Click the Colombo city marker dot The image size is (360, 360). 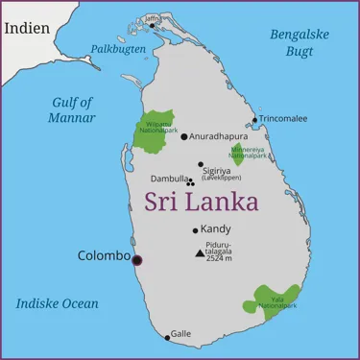pos(136,259)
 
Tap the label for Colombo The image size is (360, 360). pos(103,256)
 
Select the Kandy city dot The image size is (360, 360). pos(195,230)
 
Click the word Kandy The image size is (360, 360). pos(216,229)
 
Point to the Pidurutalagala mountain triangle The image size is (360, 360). pos(199,253)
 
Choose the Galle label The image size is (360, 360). pos(180,334)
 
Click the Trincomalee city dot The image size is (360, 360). pos(254,120)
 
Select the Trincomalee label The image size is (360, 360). pos(283,119)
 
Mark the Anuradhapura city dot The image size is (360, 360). pos(184,136)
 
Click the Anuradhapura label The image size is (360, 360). pos(218,136)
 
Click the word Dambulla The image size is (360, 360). pos(169,179)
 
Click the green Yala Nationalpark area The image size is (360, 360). pos(274,300)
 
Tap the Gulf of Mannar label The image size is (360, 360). pos(72,109)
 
